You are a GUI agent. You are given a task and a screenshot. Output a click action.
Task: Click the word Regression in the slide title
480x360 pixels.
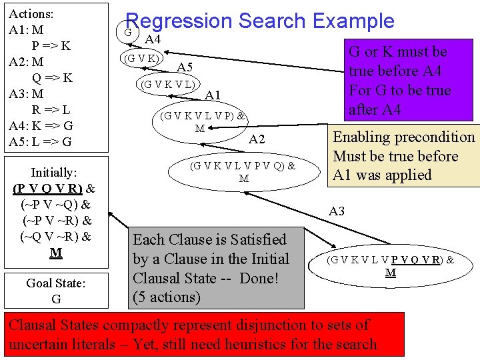point(179,21)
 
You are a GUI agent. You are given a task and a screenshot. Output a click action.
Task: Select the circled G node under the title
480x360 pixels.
point(127,31)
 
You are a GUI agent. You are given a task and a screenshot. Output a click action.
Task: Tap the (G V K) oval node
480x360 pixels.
point(141,58)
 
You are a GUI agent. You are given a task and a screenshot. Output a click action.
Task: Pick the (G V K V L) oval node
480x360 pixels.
point(168,84)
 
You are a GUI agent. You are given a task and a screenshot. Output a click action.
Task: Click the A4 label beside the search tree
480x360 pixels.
point(153,39)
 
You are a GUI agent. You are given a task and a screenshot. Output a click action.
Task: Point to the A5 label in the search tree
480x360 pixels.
point(185,67)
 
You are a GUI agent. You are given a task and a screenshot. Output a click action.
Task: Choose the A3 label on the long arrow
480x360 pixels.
point(337,211)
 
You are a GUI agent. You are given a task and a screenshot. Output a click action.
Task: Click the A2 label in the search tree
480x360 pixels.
point(257,139)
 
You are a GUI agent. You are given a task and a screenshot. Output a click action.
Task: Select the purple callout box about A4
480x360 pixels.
point(409,80)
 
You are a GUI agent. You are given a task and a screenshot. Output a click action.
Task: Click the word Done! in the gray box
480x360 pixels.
point(259,278)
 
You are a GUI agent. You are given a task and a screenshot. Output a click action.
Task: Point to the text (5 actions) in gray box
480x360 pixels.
point(167,297)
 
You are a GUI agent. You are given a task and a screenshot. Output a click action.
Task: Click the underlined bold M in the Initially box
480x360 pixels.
point(56,253)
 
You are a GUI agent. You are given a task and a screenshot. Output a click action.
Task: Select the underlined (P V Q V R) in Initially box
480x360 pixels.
point(48,189)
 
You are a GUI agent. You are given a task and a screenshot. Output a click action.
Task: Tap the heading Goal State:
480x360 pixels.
point(56,283)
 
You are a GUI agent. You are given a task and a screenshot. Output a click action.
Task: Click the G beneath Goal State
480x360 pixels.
point(56,299)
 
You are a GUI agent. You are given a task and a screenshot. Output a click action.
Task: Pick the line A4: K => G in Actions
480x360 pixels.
point(41,126)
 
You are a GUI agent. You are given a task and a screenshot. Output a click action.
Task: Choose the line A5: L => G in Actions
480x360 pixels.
point(40,142)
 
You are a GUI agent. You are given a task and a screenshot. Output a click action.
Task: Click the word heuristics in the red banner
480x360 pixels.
point(255,344)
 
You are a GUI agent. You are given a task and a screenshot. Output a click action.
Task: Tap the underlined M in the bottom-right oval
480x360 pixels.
point(390,272)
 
